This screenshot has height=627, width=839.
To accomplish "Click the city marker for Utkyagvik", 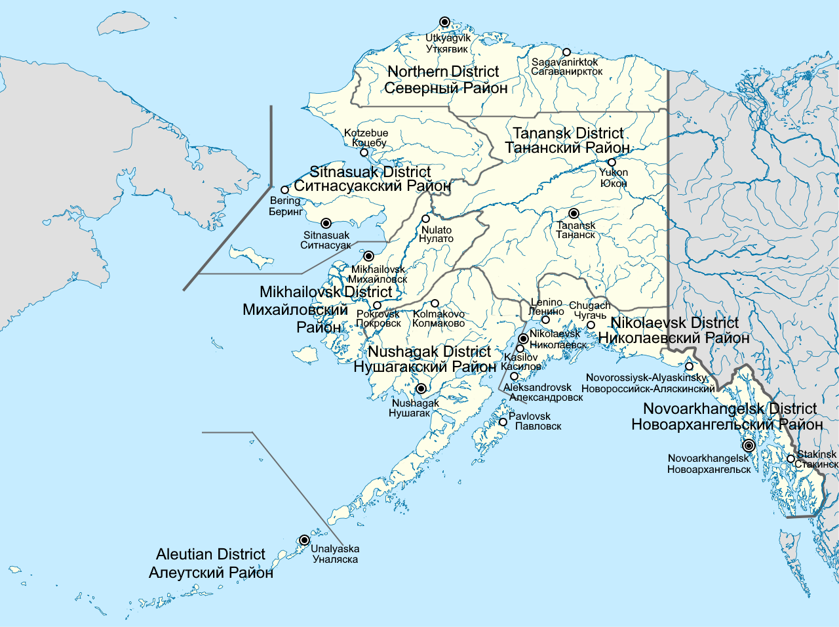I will (444, 22).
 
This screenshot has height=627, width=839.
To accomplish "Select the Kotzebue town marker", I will (364, 153).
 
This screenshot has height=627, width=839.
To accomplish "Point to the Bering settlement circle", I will (284, 190).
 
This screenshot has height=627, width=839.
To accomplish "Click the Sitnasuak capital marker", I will (326, 223).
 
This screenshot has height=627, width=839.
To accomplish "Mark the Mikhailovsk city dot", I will (368, 256).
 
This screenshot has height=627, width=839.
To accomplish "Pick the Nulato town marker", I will (425, 219).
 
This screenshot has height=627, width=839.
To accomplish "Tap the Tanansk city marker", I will (574, 213).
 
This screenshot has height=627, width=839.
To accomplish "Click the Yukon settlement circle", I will (612, 162).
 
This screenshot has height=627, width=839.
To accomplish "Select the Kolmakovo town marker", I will (435, 304).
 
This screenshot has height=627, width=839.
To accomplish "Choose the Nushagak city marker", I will (421, 388).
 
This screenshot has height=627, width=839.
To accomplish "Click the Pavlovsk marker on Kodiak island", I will (503, 422).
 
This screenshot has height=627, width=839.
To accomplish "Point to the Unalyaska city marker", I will (304, 540).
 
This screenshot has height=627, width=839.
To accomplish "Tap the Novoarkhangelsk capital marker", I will (749, 445).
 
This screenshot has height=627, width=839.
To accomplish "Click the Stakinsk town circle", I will (791, 459).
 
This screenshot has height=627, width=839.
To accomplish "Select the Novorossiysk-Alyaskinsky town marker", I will (690, 367).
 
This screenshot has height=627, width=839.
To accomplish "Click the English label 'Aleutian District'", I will (210, 554).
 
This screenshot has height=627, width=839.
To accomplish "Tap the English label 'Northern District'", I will (443, 71).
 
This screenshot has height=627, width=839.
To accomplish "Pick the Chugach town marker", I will (591, 325).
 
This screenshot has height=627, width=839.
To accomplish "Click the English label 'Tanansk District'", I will (568, 133).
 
